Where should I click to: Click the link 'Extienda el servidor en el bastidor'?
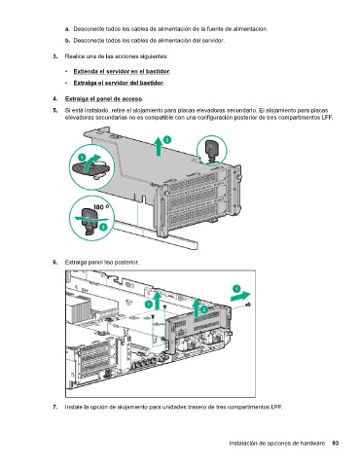[x=122, y=71]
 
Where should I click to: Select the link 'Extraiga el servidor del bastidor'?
[x=119, y=83]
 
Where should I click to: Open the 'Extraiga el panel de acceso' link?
[x=103, y=99]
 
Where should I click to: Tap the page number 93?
[x=336, y=443]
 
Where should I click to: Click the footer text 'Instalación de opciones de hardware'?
[x=277, y=444]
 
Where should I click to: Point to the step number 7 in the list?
[x=55, y=407]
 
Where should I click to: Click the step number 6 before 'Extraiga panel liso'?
[x=55, y=262]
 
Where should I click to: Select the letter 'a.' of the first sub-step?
[x=67, y=29]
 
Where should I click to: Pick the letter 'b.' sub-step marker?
[x=67, y=41]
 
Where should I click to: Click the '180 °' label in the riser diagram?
[x=101, y=207]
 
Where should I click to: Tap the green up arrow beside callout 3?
[x=159, y=146]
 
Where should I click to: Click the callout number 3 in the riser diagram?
[x=167, y=140]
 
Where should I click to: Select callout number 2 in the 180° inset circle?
[x=103, y=227]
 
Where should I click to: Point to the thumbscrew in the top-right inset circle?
[x=212, y=150]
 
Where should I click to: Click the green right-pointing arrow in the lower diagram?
[x=240, y=297]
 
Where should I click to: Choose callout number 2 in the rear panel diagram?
[x=204, y=309]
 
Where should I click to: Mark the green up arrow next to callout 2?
[x=197, y=308]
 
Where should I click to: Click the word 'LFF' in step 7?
[x=276, y=407]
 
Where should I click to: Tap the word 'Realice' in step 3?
[x=73, y=56]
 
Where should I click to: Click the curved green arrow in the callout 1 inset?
[x=90, y=162]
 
